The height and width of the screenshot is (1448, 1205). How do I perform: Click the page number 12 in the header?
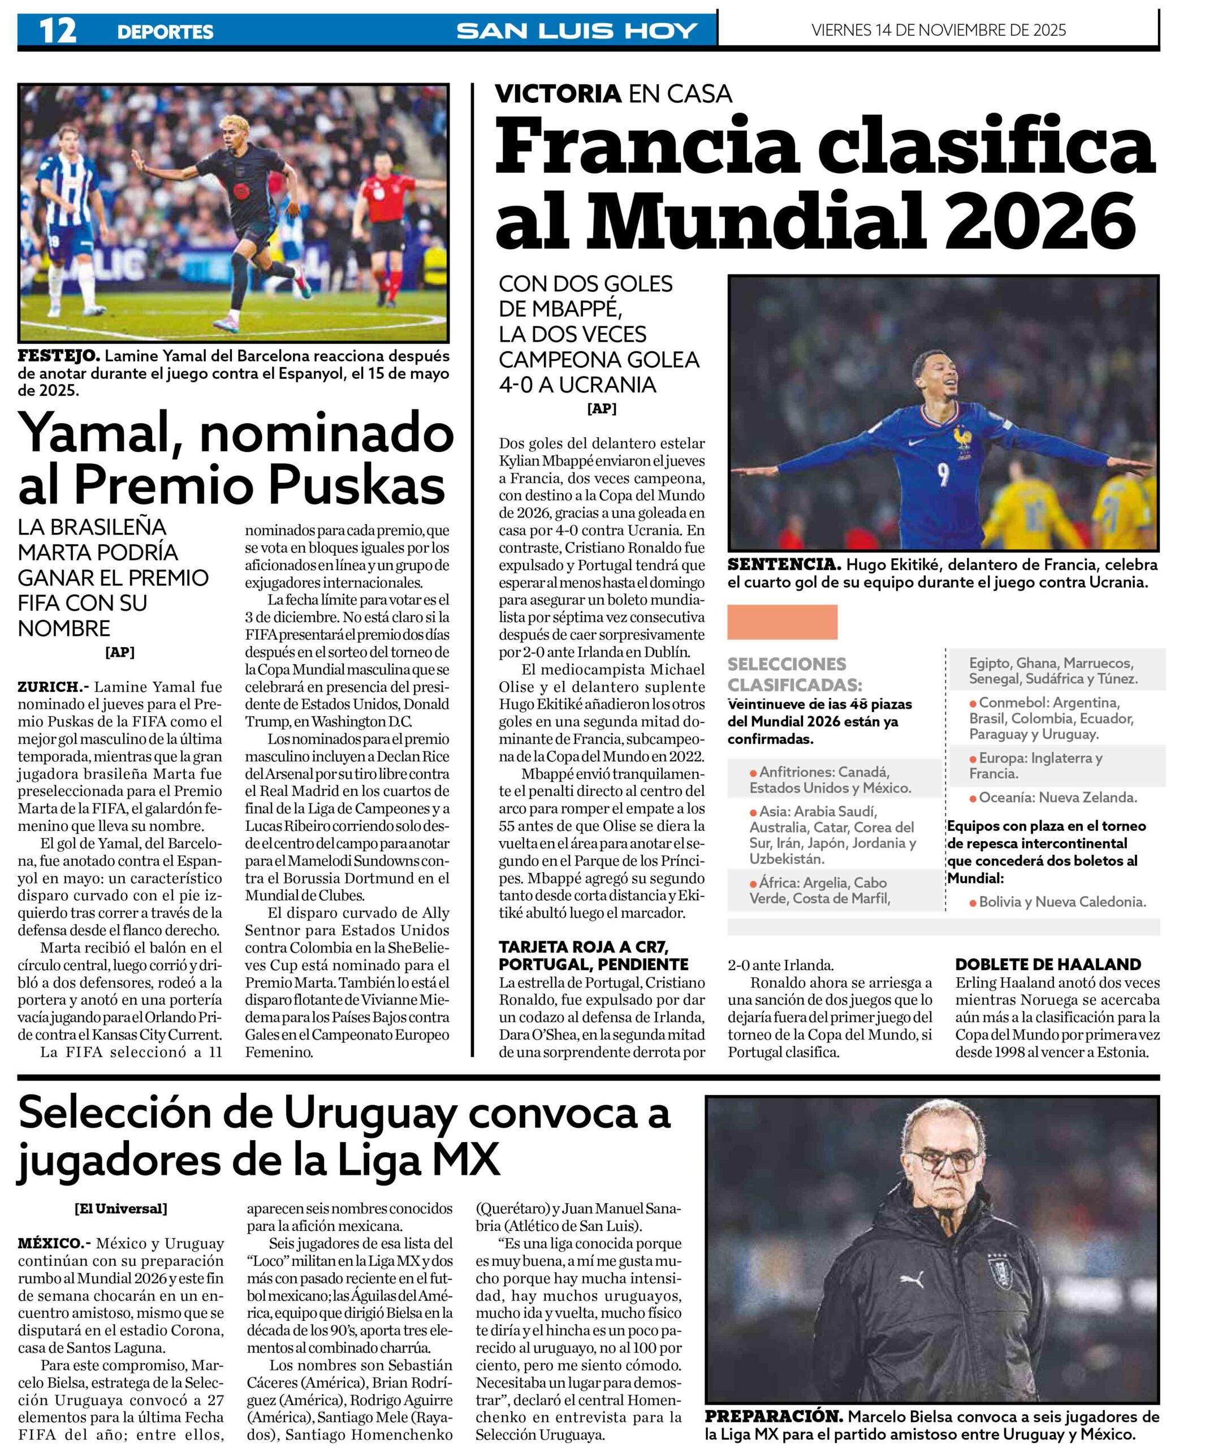(x=57, y=31)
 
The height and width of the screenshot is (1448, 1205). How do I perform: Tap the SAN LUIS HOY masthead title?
(x=577, y=31)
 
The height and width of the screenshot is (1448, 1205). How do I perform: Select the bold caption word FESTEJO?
(x=59, y=356)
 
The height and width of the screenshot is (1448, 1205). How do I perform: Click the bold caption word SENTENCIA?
(x=784, y=564)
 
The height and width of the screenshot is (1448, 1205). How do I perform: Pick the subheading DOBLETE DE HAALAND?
(x=1048, y=964)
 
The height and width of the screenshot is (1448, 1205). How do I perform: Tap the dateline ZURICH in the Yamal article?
(x=53, y=687)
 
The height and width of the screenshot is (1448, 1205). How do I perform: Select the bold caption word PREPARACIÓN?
(x=773, y=1417)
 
